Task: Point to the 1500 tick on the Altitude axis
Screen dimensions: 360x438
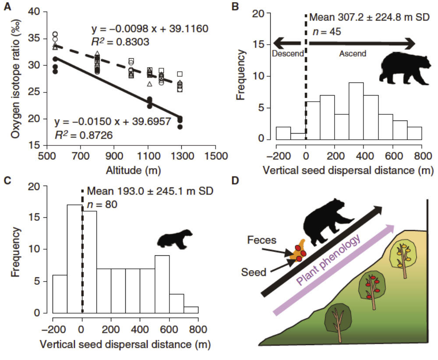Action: tap(215, 156)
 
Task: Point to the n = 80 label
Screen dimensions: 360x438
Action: tap(102, 204)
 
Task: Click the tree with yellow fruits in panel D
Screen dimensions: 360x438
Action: tap(406, 254)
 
